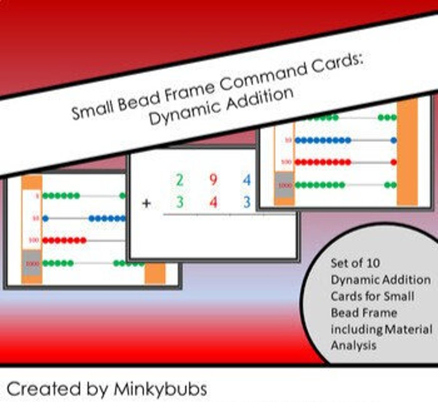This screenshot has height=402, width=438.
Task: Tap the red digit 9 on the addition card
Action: [214, 180]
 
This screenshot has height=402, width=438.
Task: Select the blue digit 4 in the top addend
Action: [247, 180]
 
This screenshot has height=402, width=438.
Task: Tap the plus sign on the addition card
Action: [146, 203]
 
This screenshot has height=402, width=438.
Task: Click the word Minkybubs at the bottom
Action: [160, 389]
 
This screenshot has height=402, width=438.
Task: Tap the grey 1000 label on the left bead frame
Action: [32, 263]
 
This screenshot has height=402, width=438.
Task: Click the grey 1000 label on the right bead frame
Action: [285, 185]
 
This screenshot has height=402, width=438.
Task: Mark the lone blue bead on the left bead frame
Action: [45, 219]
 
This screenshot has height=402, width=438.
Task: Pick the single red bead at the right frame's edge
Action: [393, 162]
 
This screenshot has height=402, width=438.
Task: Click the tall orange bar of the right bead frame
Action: [407, 154]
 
